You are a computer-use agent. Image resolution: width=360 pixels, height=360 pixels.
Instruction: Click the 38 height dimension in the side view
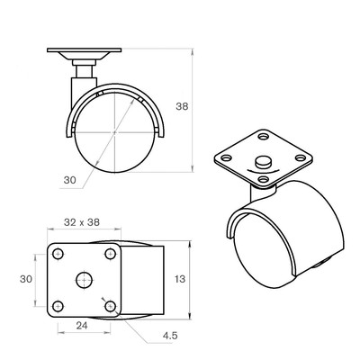click(182, 106)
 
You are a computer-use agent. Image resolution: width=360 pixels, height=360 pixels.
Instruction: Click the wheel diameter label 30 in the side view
click(70, 180)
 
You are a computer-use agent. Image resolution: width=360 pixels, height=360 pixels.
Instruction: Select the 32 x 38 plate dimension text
click(82, 222)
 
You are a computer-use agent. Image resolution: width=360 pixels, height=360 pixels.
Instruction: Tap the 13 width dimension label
click(180, 279)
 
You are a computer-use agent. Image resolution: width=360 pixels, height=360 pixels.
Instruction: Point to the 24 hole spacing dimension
click(82, 326)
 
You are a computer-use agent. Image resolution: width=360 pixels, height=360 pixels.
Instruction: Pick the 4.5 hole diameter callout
click(170, 336)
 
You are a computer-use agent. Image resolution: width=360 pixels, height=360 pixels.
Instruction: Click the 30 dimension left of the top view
click(26, 279)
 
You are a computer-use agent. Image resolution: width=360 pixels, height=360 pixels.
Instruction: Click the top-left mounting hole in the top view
click(58, 254)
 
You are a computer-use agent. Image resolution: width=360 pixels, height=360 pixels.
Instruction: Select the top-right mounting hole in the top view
click(111, 254)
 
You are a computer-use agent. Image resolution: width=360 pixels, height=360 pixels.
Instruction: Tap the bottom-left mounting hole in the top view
click(58, 306)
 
